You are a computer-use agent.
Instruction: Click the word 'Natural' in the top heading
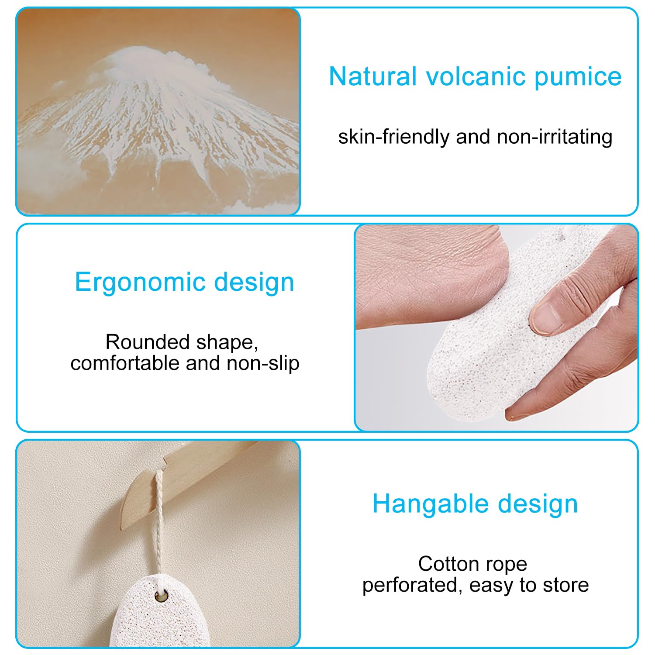373,76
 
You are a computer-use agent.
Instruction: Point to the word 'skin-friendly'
394,137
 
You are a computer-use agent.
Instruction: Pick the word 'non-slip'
263,363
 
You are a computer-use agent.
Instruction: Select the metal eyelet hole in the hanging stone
162,596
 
